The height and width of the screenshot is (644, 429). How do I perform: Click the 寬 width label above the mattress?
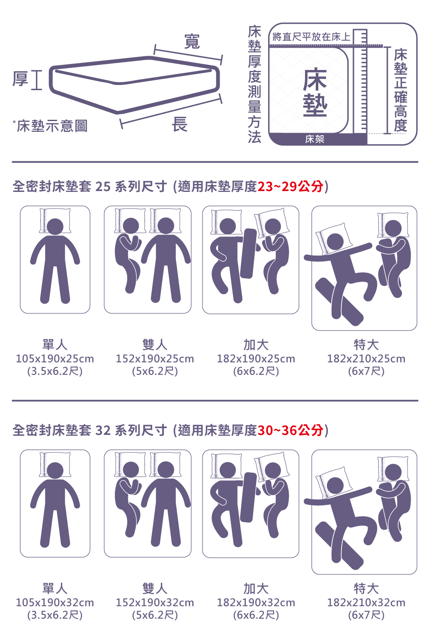(192, 42)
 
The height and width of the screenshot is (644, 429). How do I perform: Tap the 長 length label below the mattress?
(180, 125)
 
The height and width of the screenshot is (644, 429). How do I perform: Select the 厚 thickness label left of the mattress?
(20, 79)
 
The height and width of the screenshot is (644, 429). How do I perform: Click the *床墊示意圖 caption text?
(50, 126)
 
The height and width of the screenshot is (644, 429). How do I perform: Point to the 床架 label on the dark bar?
(315, 140)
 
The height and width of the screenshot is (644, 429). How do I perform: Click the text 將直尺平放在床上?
(311, 37)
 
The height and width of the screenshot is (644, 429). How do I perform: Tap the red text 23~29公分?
(290, 187)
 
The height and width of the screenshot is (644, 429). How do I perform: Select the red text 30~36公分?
(290, 430)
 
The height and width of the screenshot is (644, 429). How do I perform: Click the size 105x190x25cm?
(55, 359)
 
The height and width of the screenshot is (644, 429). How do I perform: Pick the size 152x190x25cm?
(155, 359)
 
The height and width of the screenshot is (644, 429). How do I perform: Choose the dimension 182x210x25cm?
(366, 359)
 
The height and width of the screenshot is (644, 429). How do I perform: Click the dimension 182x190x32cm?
(256, 603)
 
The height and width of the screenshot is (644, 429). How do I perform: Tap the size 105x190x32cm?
(55, 603)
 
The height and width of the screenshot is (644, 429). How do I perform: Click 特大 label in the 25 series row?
(366, 345)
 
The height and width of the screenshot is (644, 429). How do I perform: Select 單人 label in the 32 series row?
(55, 589)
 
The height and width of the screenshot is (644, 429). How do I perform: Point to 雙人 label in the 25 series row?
(155, 345)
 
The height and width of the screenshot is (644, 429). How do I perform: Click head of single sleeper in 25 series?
(55, 227)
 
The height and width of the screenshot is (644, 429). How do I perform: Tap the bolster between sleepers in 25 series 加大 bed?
(248, 254)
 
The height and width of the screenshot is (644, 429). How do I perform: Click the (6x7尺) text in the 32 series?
(366, 615)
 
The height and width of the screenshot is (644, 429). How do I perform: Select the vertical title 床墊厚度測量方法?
(254, 84)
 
